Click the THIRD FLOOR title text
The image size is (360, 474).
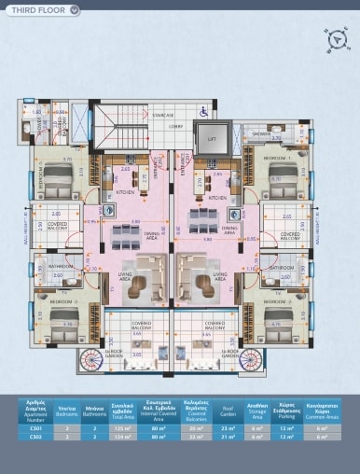click(35, 10)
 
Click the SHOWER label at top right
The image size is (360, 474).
click(260, 133)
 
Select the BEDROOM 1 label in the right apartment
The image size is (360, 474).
click(278, 159)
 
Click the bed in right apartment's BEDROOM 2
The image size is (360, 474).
click(279, 327)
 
